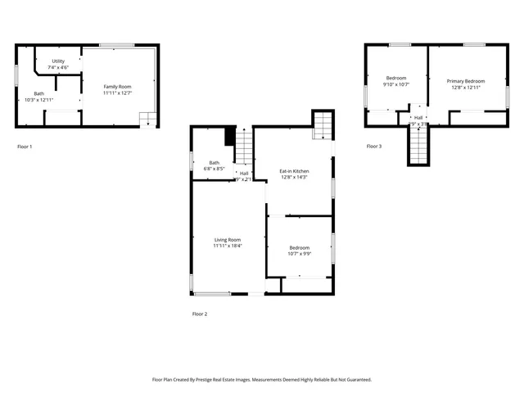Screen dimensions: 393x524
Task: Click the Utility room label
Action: pyautogui.click(x=59, y=61)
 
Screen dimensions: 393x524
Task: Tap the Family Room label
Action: pyautogui.click(x=117, y=87)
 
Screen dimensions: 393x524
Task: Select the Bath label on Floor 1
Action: pyautogui.click(x=38, y=93)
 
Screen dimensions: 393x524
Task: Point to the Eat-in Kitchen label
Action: pyautogui.click(x=293, y=171)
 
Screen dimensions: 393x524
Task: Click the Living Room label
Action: pyautogui.click(x=228, y=240)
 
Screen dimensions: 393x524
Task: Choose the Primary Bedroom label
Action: pyautogui.click(x=465, y=81)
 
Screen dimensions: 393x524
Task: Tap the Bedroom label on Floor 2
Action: pyautogui.click(x=299, y=248)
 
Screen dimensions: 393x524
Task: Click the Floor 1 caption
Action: pyautogui.click(x=25, y=147)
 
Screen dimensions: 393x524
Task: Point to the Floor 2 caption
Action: pyautogui.click(x=200, y=314)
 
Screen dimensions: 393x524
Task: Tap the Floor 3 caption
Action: pyautogui.click(x=373, y=147)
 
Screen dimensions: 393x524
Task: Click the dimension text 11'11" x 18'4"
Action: pyautogui.click(x=228, y=246)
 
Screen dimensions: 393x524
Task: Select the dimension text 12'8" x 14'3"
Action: pyautogui.click(x=293, y=177)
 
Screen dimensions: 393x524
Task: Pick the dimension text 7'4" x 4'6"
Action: pyautogui.click(x=59, y=67)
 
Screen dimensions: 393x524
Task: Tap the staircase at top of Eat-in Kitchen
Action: pyautogui.click(x=323, y=125)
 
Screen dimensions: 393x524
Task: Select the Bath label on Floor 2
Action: pyautogui.click(x=214, y=162)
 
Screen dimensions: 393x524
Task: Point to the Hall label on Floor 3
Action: pyautogui.click(x=418, y=118)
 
